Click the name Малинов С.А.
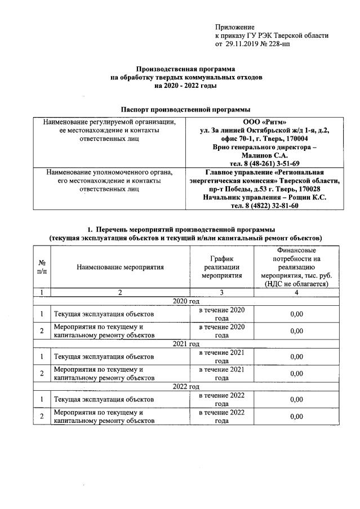[264, 154]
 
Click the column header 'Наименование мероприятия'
[121, 267]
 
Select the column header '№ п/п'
[42, 267]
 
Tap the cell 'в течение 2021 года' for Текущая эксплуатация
[221, 356]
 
